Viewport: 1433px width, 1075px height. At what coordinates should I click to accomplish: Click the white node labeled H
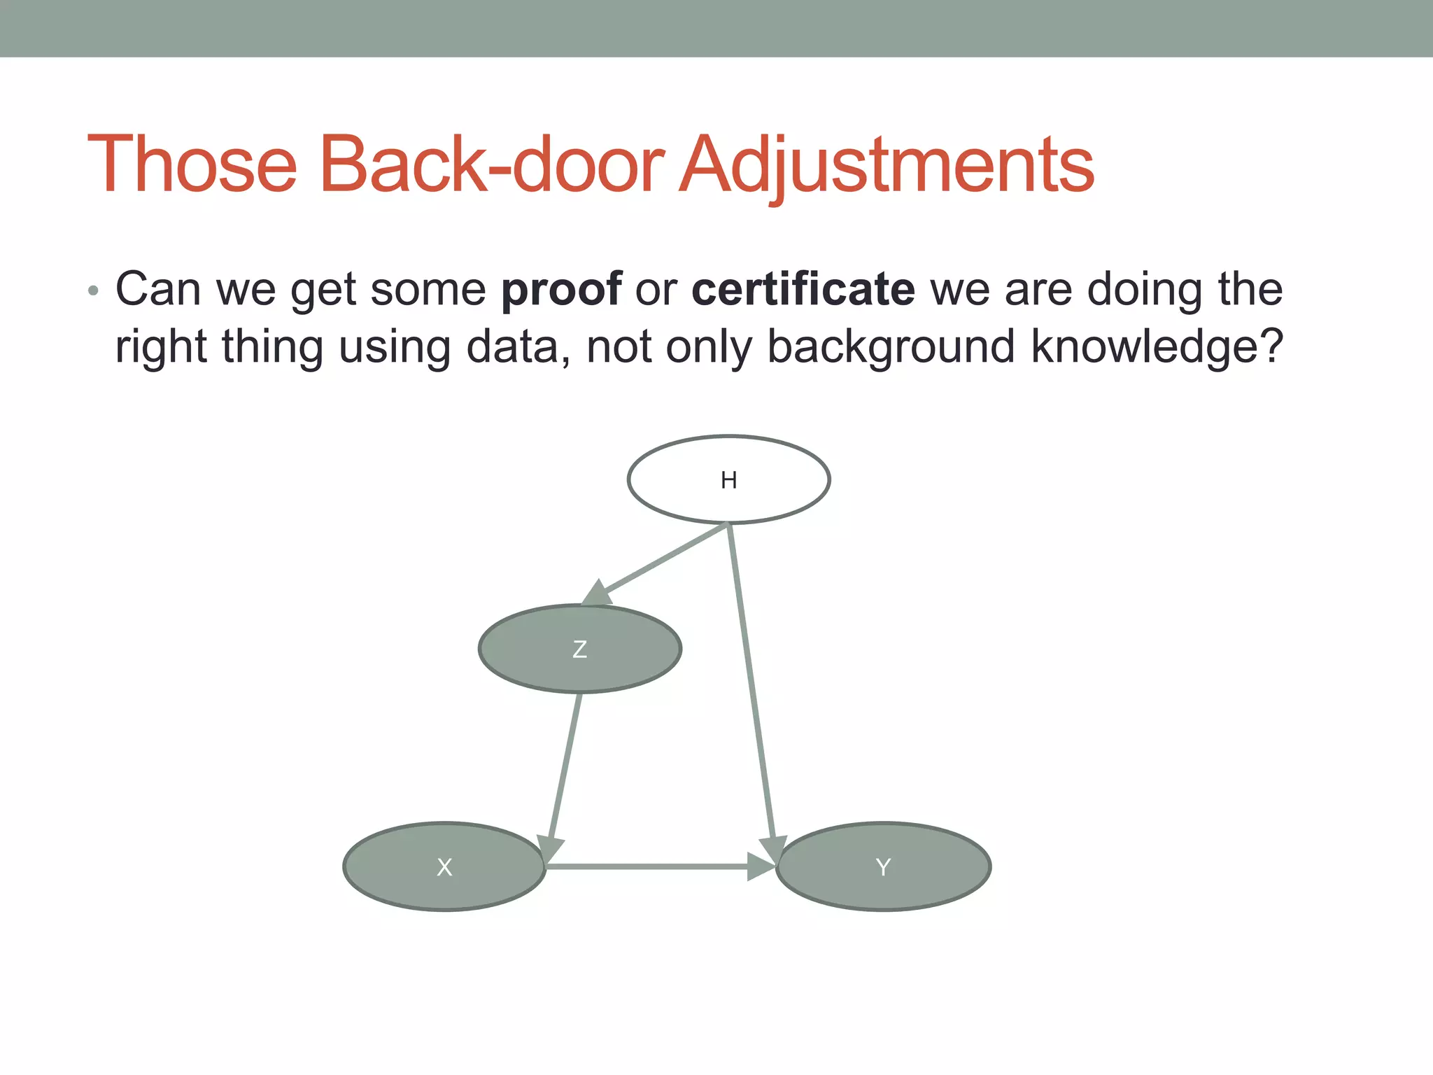728,479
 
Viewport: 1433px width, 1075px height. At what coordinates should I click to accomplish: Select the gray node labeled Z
579,649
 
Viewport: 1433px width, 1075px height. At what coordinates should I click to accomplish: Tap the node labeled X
444,866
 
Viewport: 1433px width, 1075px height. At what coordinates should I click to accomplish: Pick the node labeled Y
883,866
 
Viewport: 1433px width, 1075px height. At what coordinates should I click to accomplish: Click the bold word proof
561,289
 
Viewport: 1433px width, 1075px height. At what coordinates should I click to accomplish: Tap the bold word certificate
803,289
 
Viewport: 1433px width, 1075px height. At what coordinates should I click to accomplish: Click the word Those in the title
192,164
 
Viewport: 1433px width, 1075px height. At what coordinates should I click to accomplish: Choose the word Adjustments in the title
886,164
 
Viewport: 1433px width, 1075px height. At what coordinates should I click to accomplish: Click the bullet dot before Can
94,290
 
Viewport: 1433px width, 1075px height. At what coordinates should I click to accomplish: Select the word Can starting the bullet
158,289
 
